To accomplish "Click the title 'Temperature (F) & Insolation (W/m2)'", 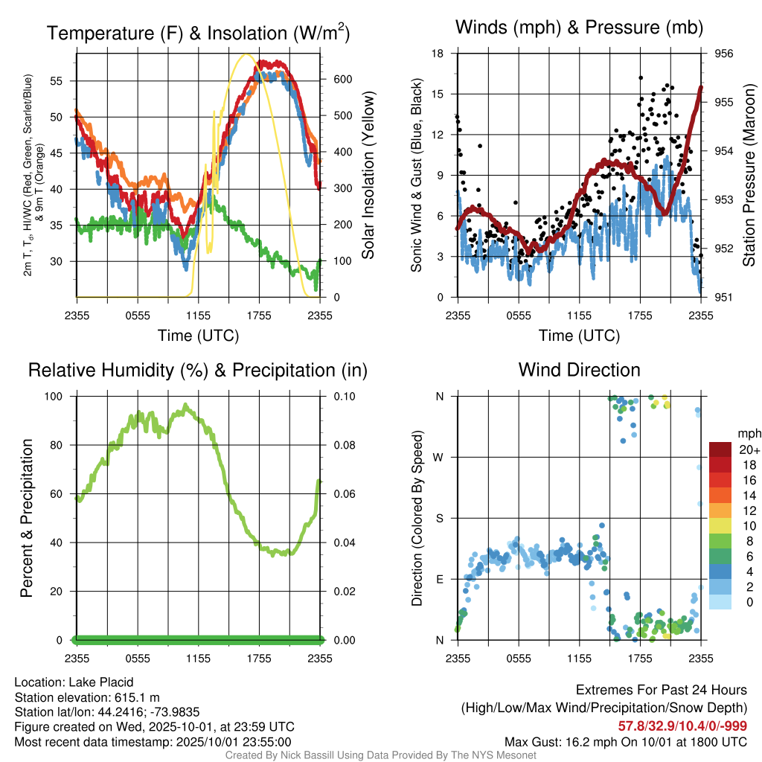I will click(x=198, y=33).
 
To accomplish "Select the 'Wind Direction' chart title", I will click(x=579, y=370).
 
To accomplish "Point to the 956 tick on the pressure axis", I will click(x=724, y=54).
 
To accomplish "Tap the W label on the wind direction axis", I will click(x=439, y=457).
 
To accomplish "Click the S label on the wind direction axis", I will click(x=440, y=518).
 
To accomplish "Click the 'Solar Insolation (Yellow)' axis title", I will click(x=368, y=175).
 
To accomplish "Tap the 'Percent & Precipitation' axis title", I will click(x=27, y=518).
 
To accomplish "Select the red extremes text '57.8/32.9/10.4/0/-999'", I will click(x=682, y=726).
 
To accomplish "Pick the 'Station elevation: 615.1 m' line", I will click(x=87, y=697).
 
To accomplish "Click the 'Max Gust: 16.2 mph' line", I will click(x=626, y=741).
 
